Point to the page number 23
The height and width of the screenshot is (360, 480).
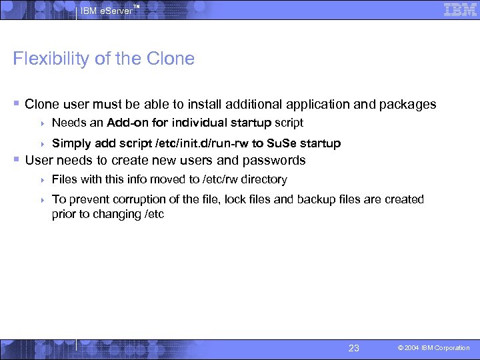click(x=354, y=348)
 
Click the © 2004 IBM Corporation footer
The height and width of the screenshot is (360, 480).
click(x=434, y=348)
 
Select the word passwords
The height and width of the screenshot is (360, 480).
click(x=273, y=161)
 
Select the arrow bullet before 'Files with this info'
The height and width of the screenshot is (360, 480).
click(x=42, y=180)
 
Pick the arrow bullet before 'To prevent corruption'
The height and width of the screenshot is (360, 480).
click(x=42, y=200)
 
